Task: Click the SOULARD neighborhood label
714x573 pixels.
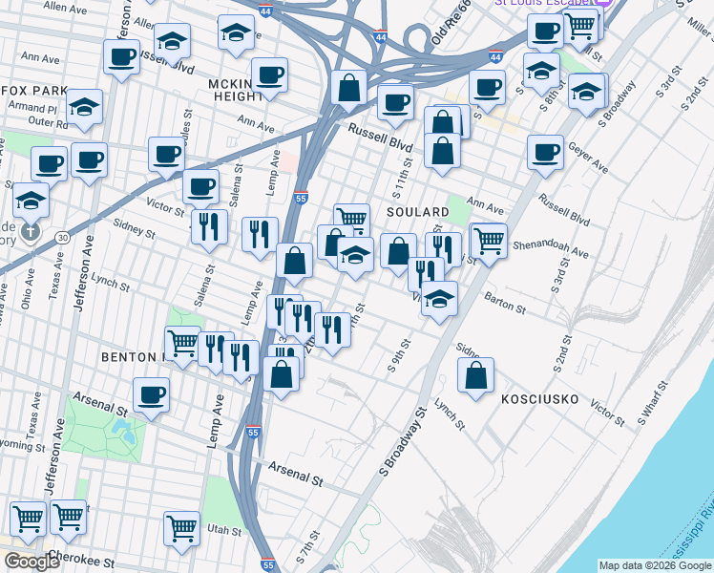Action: pyautogui.click(x=418, y=211)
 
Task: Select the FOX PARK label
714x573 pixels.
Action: pyautogui.click(x=33, y=91)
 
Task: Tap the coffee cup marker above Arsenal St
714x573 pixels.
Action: pyautogui.click(x=151, y=394)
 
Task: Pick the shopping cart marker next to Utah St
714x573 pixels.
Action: pyautogui.click(x=181, y=526)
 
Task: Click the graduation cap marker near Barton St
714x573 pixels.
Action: pyautogui.click(x=438, y=299)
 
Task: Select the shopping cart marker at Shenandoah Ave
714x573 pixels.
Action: pyautogui.click(x=489, y=240)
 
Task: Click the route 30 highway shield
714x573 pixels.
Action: pyautogui.click(x=62, y=237)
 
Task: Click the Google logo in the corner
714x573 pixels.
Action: pyautogui.click(x=31, y=562)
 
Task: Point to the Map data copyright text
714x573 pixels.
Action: pyautogui.click(x=655, y=565)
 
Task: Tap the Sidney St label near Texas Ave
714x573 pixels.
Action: pyautogui.click(x=133, y=229)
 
